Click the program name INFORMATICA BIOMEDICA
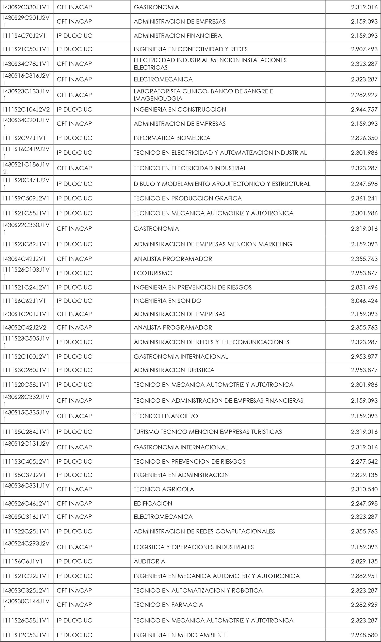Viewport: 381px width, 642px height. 172,138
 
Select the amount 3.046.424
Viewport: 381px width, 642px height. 364,301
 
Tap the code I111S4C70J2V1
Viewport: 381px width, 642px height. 24,36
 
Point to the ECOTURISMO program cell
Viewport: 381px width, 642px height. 153,273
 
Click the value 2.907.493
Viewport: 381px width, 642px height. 364,49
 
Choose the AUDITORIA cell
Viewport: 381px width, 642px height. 149,561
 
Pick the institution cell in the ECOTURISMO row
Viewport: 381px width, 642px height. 74,273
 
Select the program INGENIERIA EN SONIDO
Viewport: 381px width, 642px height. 167,301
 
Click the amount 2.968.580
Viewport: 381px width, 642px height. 364,635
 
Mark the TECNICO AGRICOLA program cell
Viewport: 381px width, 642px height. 164,489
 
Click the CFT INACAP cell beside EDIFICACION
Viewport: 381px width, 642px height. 74,503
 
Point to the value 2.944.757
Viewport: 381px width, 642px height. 364,110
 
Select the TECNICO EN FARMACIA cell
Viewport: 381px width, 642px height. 168,604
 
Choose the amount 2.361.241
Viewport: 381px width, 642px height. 364,198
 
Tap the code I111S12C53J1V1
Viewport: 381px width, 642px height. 26,635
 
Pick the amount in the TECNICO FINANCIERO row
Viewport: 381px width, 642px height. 364,416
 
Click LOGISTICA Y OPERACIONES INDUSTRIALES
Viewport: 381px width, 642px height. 193,547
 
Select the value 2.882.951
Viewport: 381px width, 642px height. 364,576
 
